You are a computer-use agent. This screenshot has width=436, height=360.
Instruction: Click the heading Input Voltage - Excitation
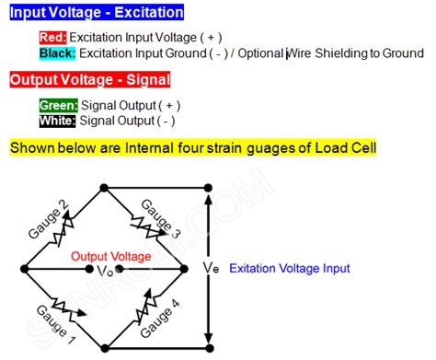point(97,13)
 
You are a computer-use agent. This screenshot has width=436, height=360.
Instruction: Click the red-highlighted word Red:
point(52,38)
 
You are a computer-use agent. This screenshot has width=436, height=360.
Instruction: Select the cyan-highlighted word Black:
point(58,53)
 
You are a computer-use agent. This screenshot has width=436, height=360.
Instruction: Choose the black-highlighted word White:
point(57,121)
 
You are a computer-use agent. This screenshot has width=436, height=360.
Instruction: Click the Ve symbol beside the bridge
point(211,268)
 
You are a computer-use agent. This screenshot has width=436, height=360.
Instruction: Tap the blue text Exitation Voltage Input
point(289,269)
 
